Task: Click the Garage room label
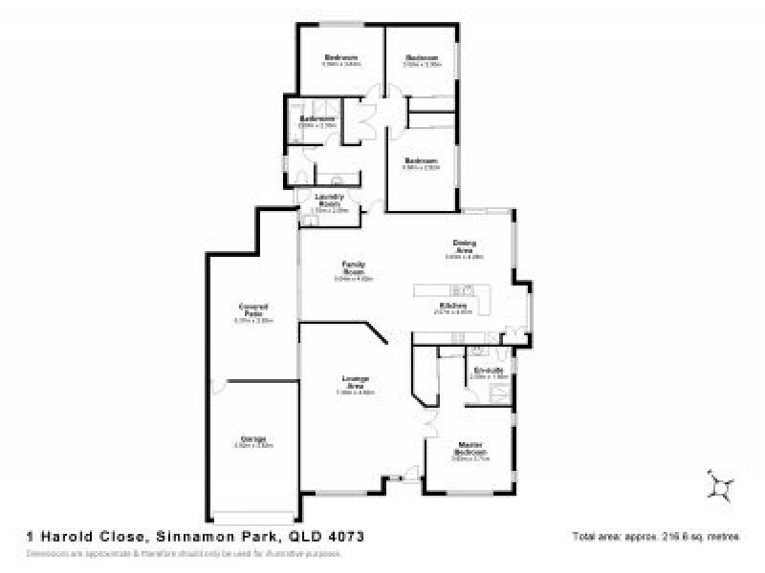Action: tap(253, 439)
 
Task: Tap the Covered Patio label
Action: tap(253, 309)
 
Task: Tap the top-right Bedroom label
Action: tap(420, 58)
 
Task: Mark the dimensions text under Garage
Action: tap(253, 446)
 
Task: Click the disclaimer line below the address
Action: tap(182, 553)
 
